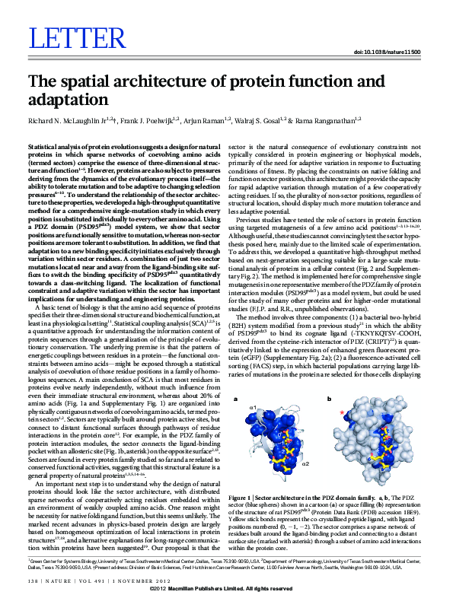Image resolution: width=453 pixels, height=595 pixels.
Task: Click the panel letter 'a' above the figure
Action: point(235,398)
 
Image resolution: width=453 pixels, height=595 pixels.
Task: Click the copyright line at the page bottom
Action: point(226,590)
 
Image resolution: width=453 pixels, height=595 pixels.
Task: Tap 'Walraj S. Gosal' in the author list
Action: point(261,120)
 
